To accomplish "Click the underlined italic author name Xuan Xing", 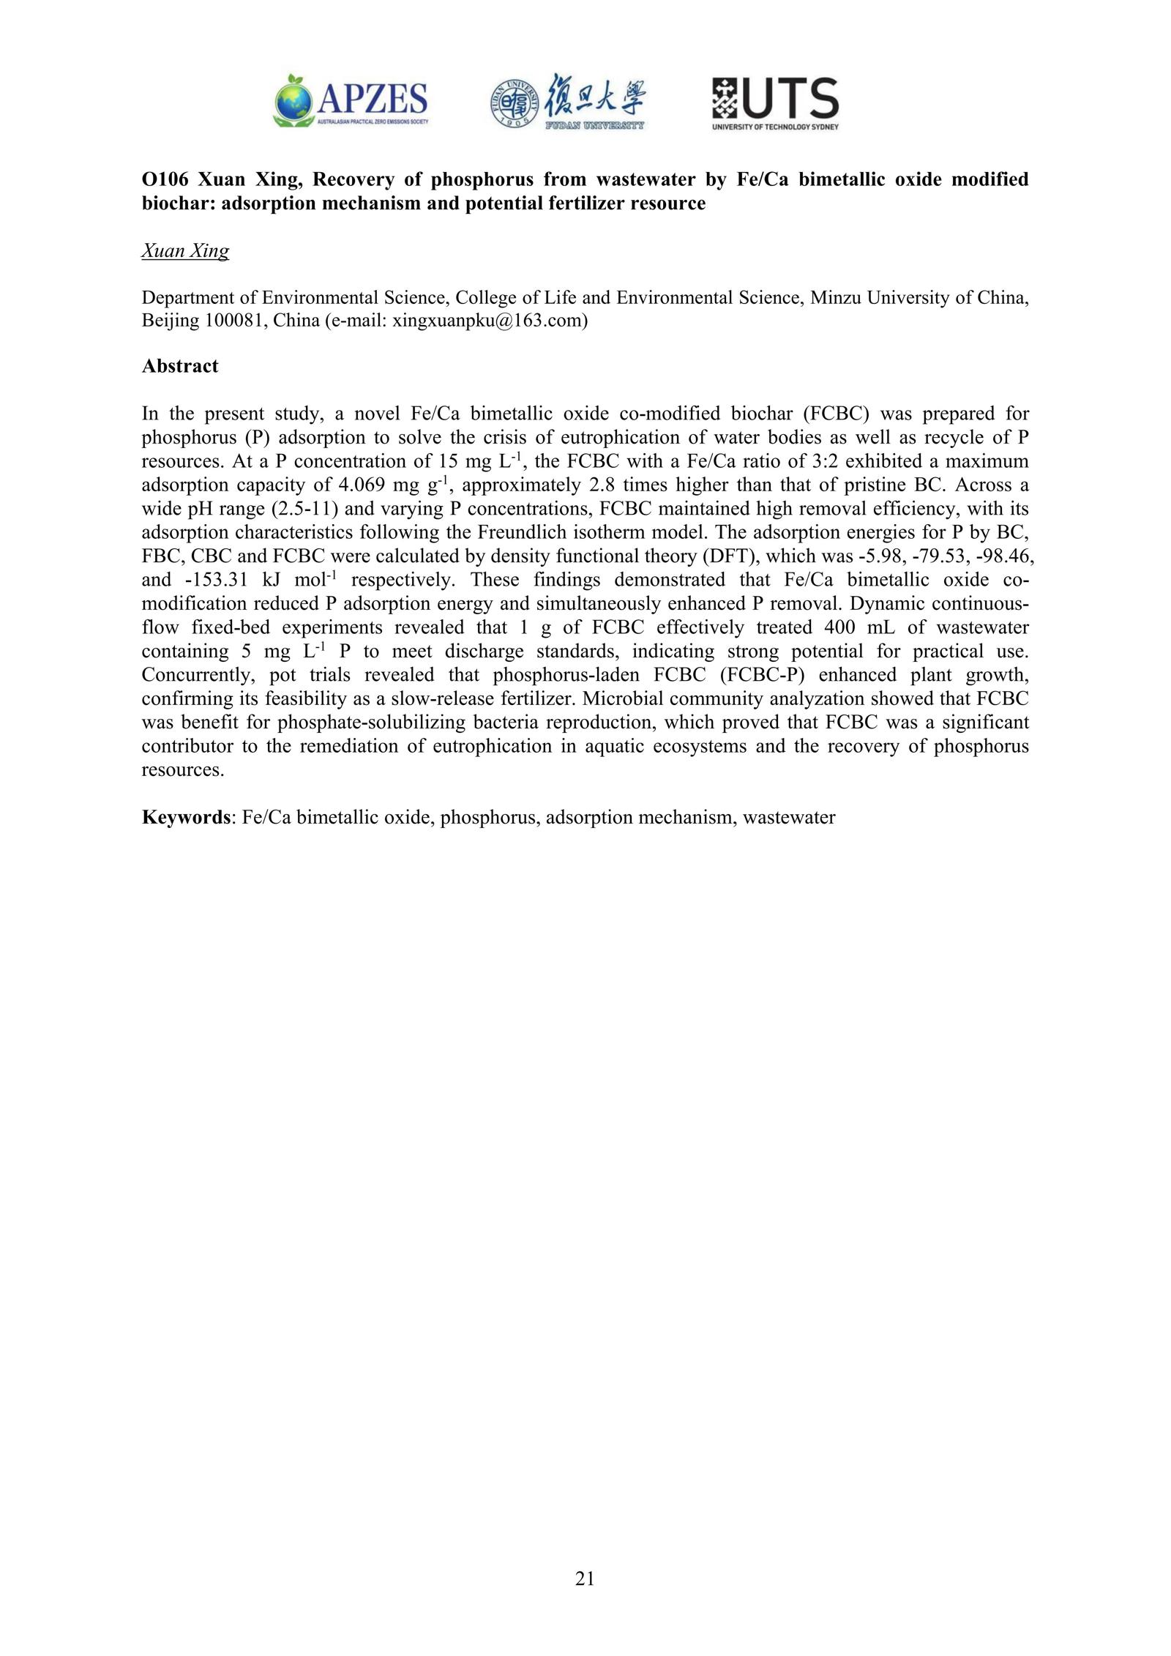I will pyautogui.click(x=185, y=251).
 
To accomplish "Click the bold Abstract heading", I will pyautogui.click(x=179, y=366).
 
